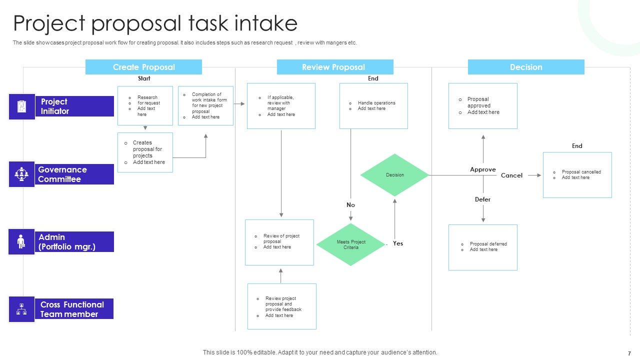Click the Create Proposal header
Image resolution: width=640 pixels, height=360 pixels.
click(x=143, y=67)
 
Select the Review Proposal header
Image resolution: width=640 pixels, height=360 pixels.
click(x=334, y=67)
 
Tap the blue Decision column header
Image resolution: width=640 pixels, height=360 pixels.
click(x=525, y=67)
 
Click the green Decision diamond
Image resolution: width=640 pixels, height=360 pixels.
click(x=395, y=175)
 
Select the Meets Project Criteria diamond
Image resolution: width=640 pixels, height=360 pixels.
click(x=351, y=244)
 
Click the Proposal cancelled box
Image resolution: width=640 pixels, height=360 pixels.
click(x=577, y=175)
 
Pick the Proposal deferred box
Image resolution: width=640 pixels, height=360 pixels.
click(x=482, y=247)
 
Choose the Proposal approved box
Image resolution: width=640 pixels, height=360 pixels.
click(x=482, y=106)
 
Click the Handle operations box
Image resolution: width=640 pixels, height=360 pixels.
click(x=373, y=106)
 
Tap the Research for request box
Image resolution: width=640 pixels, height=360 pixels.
click(x=145, y=105)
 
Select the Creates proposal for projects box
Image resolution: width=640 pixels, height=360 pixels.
click(x=145, y=152)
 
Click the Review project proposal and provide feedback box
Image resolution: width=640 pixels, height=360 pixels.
click(x=282, y=306)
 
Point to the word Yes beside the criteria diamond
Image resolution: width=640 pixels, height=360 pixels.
click(x=398, y=243)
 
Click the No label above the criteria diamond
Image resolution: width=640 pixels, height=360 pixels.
click(x=350, y=205)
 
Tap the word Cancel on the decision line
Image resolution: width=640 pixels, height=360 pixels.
click(x=511, y=175)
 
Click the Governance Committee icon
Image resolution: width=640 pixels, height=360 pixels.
click(x=21, y=174)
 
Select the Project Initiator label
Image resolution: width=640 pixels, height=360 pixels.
click(x=74, y=106)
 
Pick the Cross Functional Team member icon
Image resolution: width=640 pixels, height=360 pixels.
click(x=21, y=309)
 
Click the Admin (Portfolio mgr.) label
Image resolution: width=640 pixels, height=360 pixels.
click(x=74, y=241)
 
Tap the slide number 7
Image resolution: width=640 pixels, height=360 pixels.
click(x=629, y=353)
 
